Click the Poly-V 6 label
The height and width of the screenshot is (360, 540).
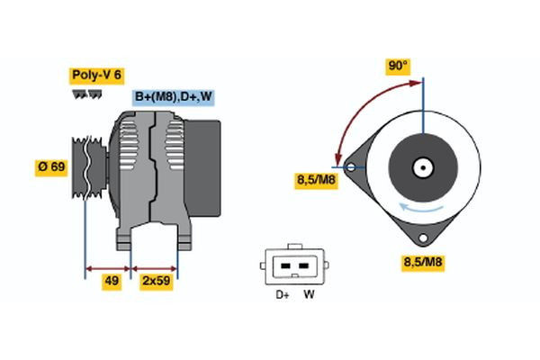point(95,75)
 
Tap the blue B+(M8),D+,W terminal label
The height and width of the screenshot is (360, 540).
point(174,97)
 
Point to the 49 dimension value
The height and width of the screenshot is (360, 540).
point(112,282)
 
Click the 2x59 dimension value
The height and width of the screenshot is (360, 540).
point(156,282)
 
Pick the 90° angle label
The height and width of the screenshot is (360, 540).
point(397,66)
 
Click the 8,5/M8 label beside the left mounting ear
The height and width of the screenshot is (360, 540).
point(316,180)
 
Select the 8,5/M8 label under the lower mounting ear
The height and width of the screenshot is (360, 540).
point(423,263)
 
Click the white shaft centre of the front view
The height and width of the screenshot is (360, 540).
point(420,167)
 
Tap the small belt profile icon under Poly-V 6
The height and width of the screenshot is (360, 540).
point(81,94)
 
